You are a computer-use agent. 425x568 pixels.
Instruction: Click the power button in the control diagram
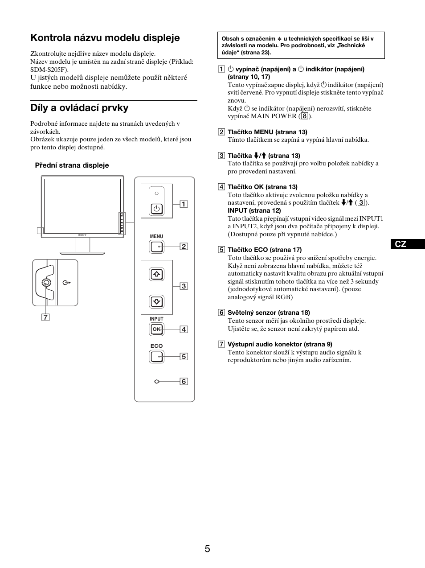click(x=156, y=208)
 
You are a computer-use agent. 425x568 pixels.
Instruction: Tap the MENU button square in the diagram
click(x=156, y=247)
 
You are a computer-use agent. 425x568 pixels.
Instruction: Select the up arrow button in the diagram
click(x=156, y=274)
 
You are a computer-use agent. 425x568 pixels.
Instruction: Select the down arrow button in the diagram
click(x=156, y=302)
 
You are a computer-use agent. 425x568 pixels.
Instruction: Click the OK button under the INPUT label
click(x=156, y=329)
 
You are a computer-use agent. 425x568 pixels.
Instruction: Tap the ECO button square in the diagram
click(x=156, y=356)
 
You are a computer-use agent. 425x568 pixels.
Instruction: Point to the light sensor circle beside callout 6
click(x=156, y=382)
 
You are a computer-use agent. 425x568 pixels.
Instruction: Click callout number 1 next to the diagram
click(x=184, y=204)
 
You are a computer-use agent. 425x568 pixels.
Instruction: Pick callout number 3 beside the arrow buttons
click(x=184, y=286)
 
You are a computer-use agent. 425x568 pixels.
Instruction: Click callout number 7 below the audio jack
click(x=45, y=317)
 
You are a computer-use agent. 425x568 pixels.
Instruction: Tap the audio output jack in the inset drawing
click(x=46, y=283)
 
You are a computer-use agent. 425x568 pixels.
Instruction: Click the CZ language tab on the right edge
click(x=401, y=244)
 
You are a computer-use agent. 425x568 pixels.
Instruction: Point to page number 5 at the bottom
click(x=207, y=549)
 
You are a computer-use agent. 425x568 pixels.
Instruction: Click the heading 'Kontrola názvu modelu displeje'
click(x=105, y=38)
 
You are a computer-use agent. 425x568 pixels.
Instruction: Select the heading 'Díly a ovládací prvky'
click(x=79, y=108)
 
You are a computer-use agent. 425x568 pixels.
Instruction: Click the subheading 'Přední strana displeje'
click(x=72, y=165)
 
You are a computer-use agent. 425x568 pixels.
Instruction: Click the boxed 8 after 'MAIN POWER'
click(x=305, y=116)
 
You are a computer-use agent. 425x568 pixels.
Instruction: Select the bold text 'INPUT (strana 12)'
click(x=254, y=210)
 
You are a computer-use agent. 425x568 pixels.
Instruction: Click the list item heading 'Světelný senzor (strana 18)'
click(x=269, y=313)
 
